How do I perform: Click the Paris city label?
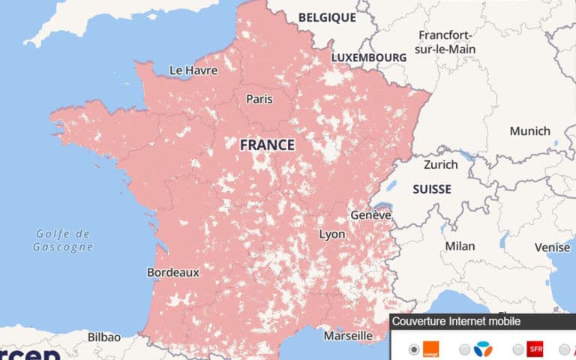coord(259,98)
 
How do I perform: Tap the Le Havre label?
coord(193,70)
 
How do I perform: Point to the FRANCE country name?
coord(267,145)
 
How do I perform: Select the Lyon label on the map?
coord(332,234)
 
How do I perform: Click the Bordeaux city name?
coord(173,272)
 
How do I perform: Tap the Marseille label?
coord(348,335)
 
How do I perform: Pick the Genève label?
coord(371,215)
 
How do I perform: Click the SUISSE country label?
coord(432,190)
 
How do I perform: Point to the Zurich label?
coord(440,164)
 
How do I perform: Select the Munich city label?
coord(529,131)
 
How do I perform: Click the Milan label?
coord(460,246)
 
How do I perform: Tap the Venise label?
coord(552,247)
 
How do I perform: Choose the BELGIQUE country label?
coord(326,16)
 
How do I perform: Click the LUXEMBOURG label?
coord(368,57)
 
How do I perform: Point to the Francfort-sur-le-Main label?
coord(445,43)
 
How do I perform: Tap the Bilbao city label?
coord(104,337)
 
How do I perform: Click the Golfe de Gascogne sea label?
coord(64,240)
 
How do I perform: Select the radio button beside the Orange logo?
coord(414,349)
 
